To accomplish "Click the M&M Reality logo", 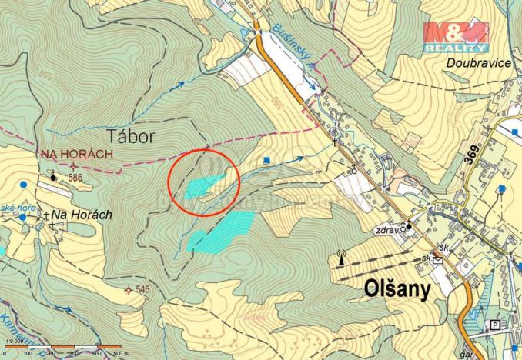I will point(455,37).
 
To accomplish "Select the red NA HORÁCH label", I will point(76,155).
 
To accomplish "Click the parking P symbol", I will point(494,325).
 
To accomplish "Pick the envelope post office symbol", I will point(437,260).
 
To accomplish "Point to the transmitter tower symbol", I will point(340,257).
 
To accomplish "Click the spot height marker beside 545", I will point(127,290).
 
